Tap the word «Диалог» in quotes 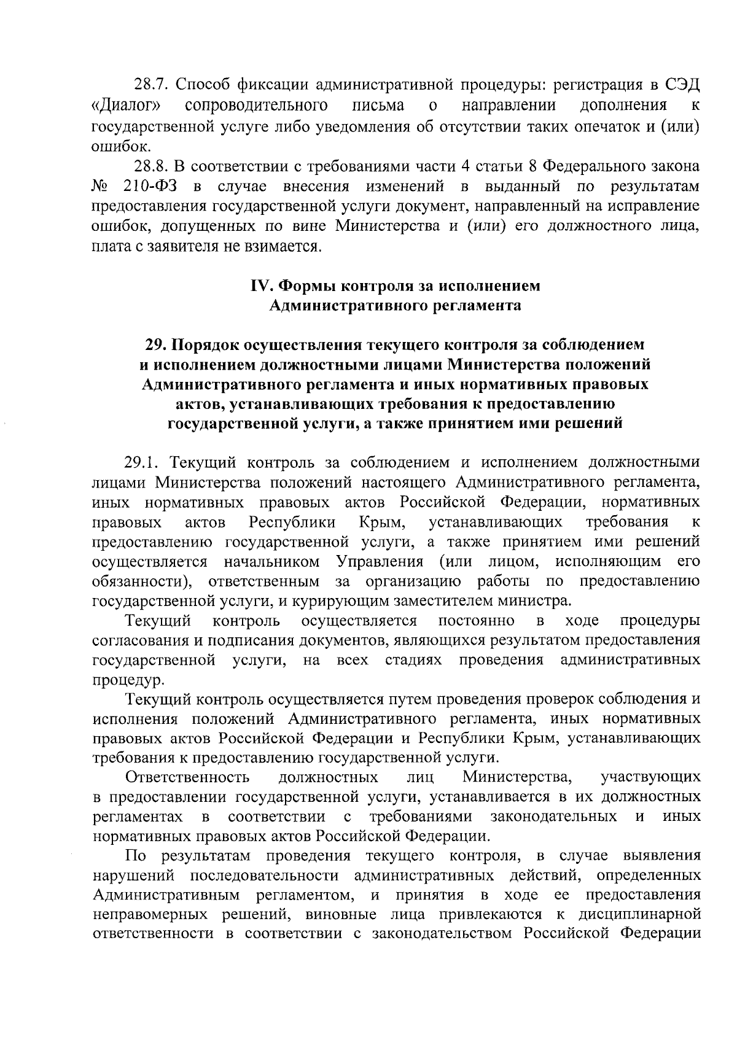pyautogui.click(x=126, y=105)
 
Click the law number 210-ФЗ pyautogui.click(x=151, y=186)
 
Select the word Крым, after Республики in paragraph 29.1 pyautogui.click(x=382, y=522)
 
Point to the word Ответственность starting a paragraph pyautogui.click(x=187, y=778)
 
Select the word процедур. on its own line pyautogui.click(x=120, y=680)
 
